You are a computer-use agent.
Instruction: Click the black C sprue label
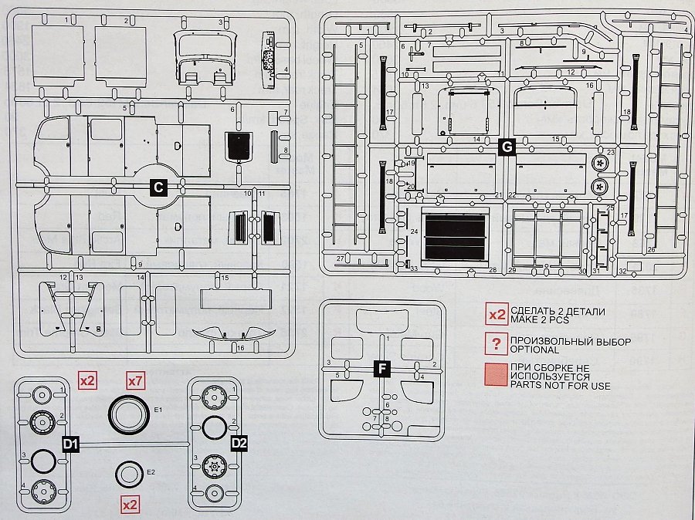158,187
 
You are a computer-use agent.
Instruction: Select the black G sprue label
507,147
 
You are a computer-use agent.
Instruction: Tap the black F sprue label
382,369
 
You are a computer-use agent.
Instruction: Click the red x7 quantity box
135,381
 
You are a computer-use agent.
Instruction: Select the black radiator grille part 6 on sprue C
238,144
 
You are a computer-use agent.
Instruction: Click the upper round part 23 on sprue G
600,164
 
